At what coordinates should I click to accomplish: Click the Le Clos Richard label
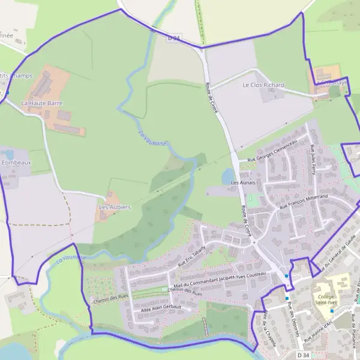coord(263,85)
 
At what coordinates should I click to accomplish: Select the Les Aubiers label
coord(115,207)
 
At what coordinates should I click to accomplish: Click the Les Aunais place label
coord(243,182)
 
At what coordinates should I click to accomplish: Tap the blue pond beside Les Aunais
coord(229,176)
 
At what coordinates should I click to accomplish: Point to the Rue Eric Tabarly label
coord(191,256)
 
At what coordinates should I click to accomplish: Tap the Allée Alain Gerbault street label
coord(160,307)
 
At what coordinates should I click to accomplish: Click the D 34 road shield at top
coord(174,37)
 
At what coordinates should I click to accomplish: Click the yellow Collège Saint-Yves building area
coord(339,283)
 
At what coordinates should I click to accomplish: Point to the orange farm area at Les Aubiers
coord(110,201)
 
